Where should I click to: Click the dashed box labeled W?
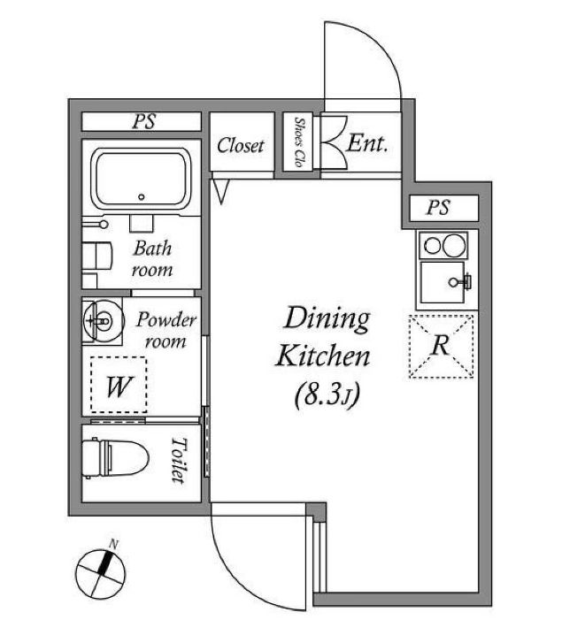point(118,385)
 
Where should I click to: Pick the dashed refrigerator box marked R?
point(441,345)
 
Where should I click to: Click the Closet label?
point(241,145)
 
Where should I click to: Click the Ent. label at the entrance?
point(367,143)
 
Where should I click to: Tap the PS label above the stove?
point(438,208)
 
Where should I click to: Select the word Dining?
point(326,319)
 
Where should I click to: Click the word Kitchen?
point(323,358)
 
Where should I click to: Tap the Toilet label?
point(178,460)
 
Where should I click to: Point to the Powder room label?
point(166,329)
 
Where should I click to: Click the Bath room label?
point(151,259)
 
